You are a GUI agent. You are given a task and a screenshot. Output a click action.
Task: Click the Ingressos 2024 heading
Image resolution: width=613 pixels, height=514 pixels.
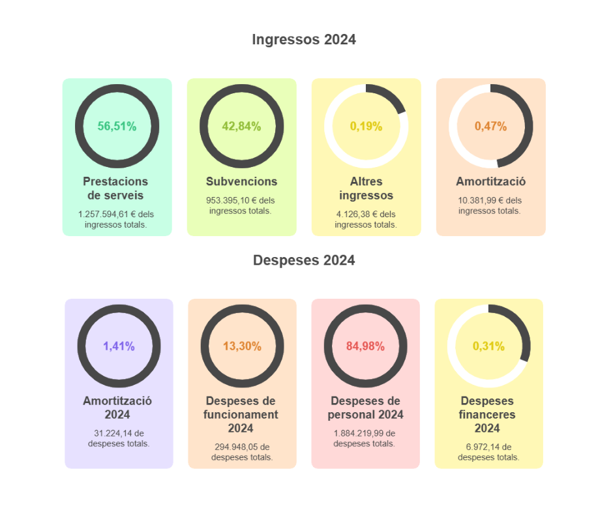click(304, 40)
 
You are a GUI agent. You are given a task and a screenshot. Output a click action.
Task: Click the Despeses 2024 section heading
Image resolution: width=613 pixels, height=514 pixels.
click(304, 260)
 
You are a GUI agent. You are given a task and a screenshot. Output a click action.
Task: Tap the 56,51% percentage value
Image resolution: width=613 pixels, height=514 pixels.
click(117, 127)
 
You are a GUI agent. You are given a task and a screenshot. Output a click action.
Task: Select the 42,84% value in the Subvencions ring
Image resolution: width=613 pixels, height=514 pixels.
click(241, 127)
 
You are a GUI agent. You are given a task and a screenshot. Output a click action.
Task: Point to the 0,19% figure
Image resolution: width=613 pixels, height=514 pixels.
click(366, 127)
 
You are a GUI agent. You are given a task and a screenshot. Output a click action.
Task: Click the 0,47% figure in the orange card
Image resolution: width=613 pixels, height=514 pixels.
click(490, 127)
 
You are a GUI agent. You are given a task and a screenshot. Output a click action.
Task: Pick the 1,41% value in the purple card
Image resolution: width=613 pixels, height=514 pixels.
click(119, 346)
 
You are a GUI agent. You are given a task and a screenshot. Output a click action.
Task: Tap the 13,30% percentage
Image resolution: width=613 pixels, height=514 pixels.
click(242, 346)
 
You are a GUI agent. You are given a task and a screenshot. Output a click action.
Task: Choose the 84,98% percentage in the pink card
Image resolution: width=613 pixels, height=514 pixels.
click(365, 346)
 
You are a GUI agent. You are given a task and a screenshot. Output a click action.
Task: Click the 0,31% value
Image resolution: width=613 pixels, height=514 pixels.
click(488, 346)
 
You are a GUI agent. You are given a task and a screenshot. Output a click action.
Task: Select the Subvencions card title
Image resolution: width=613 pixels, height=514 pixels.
click(241, 181)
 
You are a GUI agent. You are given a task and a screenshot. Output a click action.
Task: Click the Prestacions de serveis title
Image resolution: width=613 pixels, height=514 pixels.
click(115, 189)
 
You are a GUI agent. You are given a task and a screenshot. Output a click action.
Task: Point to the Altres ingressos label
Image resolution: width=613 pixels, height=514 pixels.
click(366, 189)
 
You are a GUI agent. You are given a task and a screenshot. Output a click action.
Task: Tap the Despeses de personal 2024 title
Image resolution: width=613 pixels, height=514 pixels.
click(365, 408)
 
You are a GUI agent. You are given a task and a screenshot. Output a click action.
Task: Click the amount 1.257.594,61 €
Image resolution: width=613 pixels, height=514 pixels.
click(102, 214)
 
